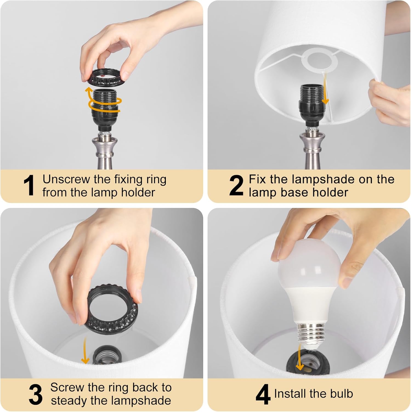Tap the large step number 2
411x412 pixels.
tap(236, 186)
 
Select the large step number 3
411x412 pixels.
tap(36, 394)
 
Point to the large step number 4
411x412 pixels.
tap(263, 394)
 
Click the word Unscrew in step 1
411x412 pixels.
tap(66, 179)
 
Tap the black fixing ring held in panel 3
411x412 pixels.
tap(112, 309)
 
